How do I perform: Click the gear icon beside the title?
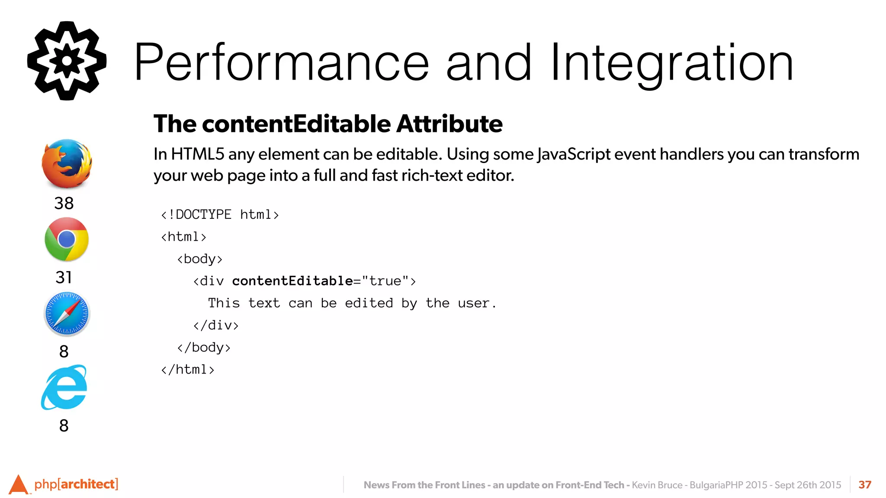pyautogui.click(x=67, y=61)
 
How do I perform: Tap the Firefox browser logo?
pyautogui.click(x=67, y=163)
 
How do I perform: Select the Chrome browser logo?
pyautogui.click(x=67, y=239)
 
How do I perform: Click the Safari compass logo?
pyautogui.click(x=67, y=314)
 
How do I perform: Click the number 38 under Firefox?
pyautogui.click(x=64, y=203)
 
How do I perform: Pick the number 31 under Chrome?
pyautogui.click(x=64, y=277)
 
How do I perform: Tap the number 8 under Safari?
pyautogui.click(x=64, y=351)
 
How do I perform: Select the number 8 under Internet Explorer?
pyautogui.click(x=64, y=426)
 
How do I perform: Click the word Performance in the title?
pyautogui.click(x=281, y=63)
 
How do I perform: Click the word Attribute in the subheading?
pyautogui.click(x=449, y=124)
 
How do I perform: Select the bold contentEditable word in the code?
pyautogui.click(x=292, y=281)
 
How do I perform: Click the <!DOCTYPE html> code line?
pyautogui.click(x=220, y=214)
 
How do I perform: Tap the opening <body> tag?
pyautogui.click(x=199, y=259)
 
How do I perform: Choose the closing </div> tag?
pyautogui.click(x=216, y=325)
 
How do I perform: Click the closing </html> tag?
pyautogui.click(x=188, y=370)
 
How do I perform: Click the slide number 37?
pyautogui.click(x=865, y=485)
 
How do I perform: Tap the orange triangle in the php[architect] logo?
pyautogui.click(x=18, y=485)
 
